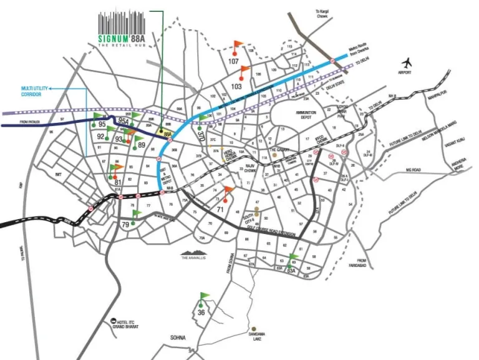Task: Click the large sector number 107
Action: pos(233,61)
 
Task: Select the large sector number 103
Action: pos(237,86)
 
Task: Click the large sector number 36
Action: pos(201,313)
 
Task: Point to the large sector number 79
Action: pos(125,225)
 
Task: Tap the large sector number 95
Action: pos(102,124)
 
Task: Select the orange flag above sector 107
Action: pos(238,44)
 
